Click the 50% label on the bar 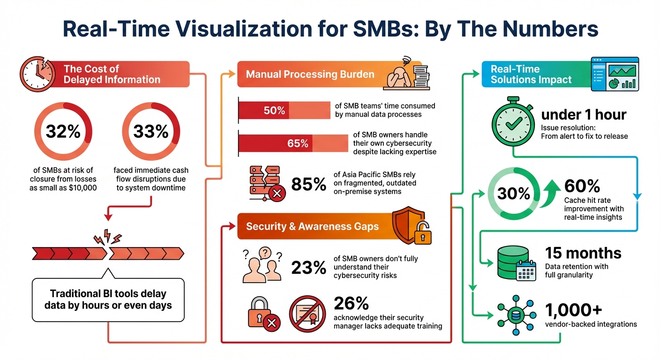(274, 111)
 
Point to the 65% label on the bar (298, 143)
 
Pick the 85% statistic (308, 184)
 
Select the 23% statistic (308, 267)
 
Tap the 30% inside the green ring (514, 194)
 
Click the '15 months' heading (583, 253)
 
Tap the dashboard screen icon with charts (615, 74)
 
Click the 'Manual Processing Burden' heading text (310, 74)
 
